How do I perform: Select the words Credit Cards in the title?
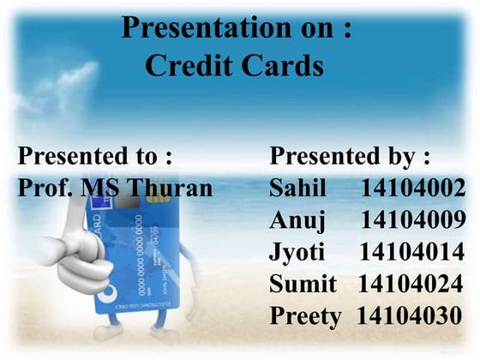[x=234, y=66]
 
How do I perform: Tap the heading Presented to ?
[x=95, y=156]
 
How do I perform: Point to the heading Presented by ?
[x=350, y=156]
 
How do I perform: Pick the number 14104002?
[x=413, y=188]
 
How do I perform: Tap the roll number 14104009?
[x=413, y=220]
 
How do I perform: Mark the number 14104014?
[x=412, y=252]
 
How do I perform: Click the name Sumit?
[x=303, y=283]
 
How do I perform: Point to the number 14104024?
[x=411, y=283]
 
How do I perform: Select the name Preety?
[x=305, y=315]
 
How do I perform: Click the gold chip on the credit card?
[x=157, y=196]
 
